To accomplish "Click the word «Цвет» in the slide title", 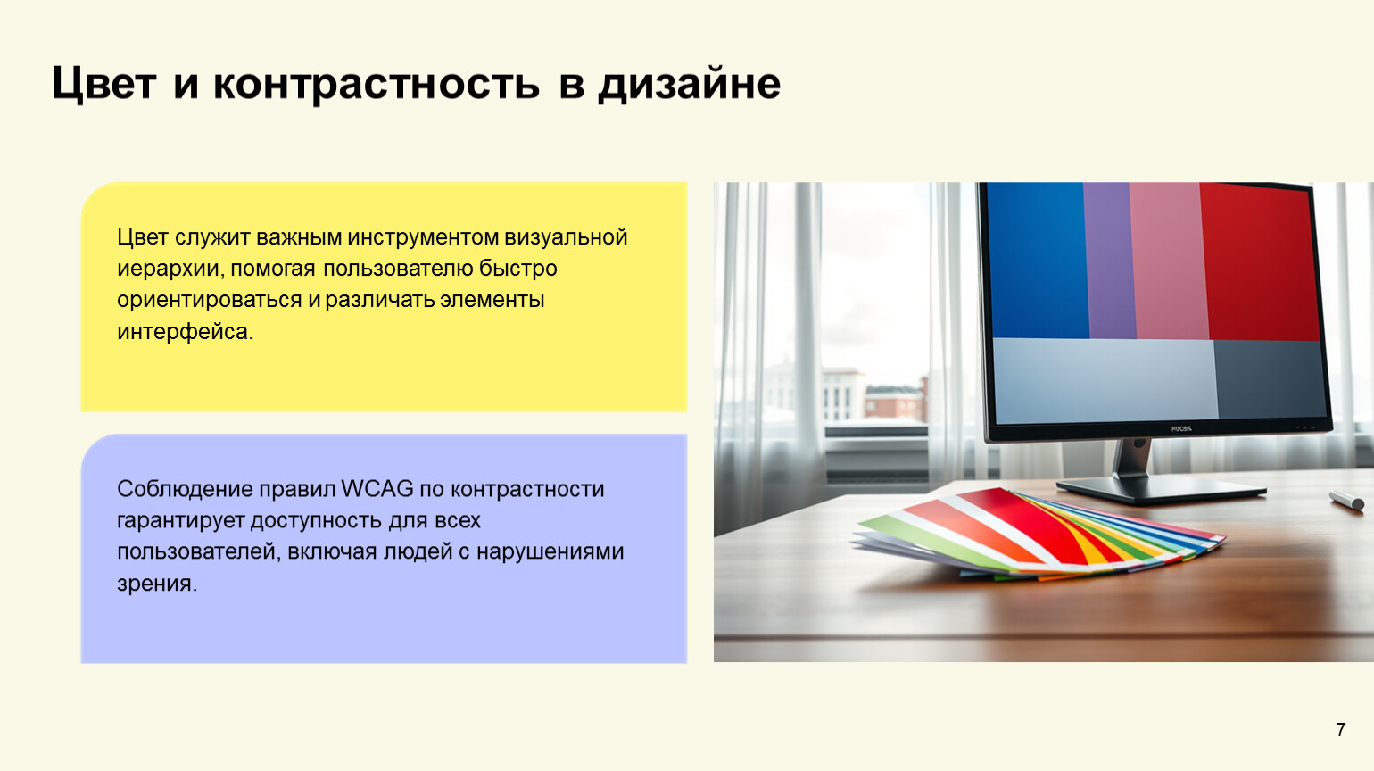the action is [103, 84].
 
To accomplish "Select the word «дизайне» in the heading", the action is [689, 84].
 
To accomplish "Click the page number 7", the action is [1341, 730].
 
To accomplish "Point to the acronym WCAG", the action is [377, 489].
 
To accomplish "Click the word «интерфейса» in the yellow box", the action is [185, 332].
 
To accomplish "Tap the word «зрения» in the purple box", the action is [157, 584].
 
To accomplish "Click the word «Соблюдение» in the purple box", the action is [185, 490].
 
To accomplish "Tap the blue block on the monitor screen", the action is [1038, 260].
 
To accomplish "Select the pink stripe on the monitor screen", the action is [1167, 261].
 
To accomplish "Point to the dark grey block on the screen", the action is [1271, 379].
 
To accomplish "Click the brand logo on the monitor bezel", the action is [1180, 428].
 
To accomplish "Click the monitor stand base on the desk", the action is [1161, 491].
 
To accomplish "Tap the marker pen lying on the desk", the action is [1346, 500].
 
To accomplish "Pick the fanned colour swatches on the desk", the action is [1039, 535].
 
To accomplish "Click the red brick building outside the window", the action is [896, 400].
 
